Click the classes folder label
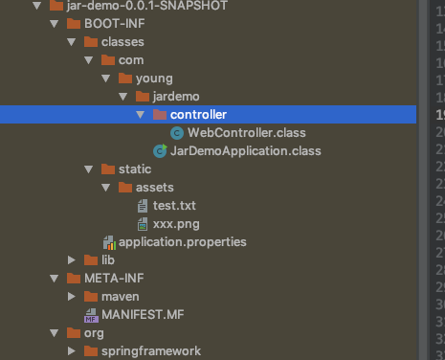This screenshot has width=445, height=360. tap(122, 41)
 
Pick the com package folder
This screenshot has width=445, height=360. tap(131, 59)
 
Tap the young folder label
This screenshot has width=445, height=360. tap(154, 78)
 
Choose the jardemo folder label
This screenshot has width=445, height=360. tap(173, 97)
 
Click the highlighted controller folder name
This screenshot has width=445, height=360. tap(198, 115)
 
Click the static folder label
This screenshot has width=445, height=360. tap(135, 169)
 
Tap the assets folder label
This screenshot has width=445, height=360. tap(154, 187)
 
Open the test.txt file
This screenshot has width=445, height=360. tap(174, 205)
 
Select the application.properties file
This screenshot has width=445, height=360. tap(182, 241)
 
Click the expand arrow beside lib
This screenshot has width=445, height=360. tap(72, 259)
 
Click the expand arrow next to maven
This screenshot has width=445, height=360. tap(72, 296)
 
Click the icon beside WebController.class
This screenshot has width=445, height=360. tap(177, 132)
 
